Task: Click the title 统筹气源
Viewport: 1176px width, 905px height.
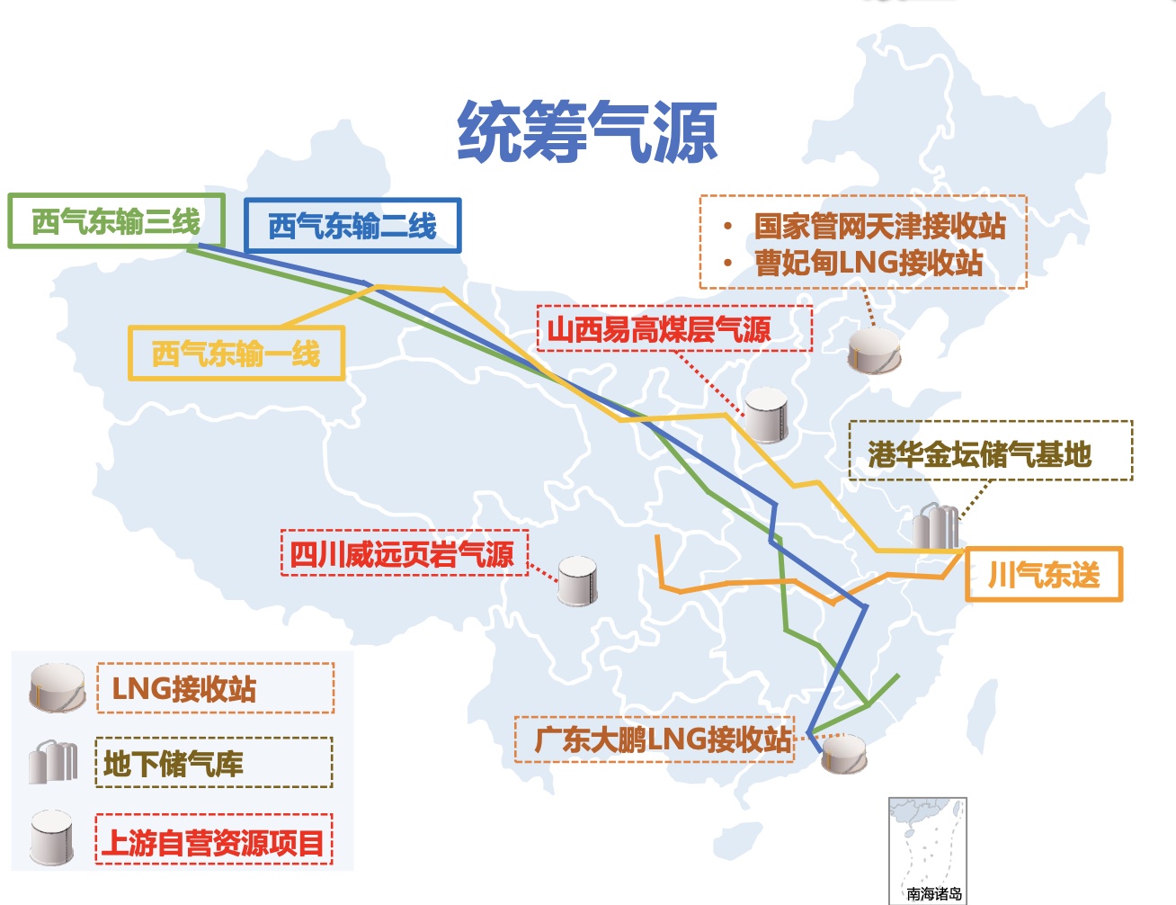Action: click(587, 132)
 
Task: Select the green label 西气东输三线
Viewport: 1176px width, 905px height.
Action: click(116, 221)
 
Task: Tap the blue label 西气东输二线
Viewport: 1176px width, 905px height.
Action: click(352, 226)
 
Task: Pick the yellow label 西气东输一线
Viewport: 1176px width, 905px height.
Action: click(236, 354)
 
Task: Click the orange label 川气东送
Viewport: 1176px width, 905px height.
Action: click(1044, 574)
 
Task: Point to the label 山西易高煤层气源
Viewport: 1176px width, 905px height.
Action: click(660, 329)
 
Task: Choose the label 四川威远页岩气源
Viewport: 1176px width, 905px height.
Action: click(402, 554)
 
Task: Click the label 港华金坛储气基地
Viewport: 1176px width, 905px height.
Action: click(980, 454)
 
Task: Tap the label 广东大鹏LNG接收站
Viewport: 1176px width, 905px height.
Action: click(664, 739)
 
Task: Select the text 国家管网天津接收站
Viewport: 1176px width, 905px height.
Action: click(879, 226)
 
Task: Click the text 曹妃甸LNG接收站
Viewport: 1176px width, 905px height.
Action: click(869, 263)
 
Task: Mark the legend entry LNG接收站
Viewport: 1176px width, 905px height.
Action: click(184, 689)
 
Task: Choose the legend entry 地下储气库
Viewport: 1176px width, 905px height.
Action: click(174, 764)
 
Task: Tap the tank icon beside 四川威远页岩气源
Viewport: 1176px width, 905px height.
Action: click(577, 580)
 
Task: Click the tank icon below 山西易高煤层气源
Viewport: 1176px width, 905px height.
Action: click(767, 415)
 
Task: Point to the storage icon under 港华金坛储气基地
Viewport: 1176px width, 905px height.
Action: click(936, 525)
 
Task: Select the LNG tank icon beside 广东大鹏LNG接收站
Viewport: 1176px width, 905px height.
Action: click(844, 754)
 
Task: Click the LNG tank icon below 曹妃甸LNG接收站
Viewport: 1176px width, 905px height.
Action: click(875, 351)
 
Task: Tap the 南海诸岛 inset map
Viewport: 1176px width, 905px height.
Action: click(927, 849)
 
